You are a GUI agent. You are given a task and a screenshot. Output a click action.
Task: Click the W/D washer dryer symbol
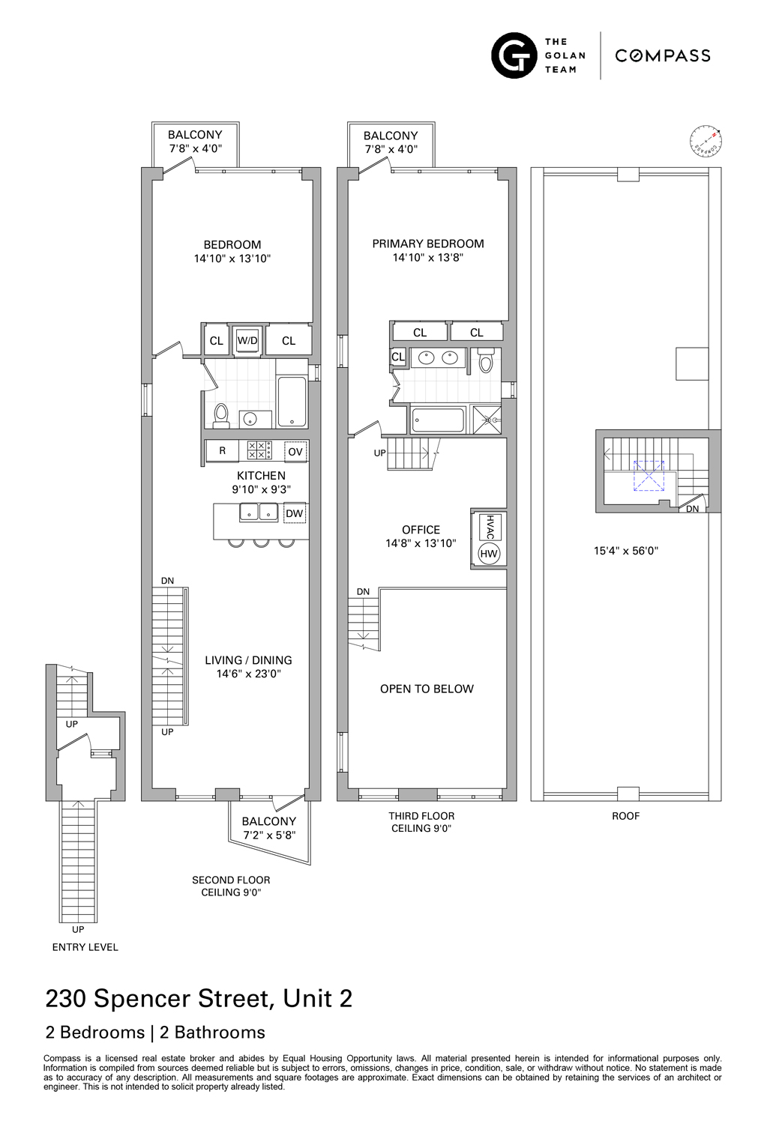coord(247,341)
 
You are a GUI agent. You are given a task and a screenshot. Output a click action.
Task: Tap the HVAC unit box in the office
coord(490,526)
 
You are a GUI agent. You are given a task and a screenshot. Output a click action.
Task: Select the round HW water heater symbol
coord(489,554)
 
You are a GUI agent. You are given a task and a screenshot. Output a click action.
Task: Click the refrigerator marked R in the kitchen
coord(223,450)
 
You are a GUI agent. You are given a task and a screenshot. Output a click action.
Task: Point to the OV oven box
coord(295,452)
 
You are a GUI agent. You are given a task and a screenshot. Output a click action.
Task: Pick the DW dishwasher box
coord(295,513)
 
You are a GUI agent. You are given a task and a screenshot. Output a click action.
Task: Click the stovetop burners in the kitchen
coord(259,450)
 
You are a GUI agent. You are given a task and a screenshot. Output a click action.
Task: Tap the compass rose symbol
coord(706,140)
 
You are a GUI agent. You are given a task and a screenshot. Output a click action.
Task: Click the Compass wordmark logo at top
coord(663,55)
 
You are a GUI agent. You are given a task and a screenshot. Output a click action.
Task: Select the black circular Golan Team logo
coord(514,55)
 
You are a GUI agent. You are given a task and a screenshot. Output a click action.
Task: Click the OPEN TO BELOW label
coord(427,689)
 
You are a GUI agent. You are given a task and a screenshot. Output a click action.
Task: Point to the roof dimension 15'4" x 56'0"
coord(626,551)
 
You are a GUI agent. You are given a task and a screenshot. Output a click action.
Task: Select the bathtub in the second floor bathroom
coord(292,402)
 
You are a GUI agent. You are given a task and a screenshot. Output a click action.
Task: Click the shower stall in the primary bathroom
coord(486,419)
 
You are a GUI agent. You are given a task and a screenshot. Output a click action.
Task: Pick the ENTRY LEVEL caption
coord(85,947)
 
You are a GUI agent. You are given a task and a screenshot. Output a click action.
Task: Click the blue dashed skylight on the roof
coord(649,476)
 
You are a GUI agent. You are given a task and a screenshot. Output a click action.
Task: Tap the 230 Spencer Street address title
coord(199,999)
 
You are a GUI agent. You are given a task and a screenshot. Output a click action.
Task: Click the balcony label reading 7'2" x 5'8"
coord(269,835)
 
